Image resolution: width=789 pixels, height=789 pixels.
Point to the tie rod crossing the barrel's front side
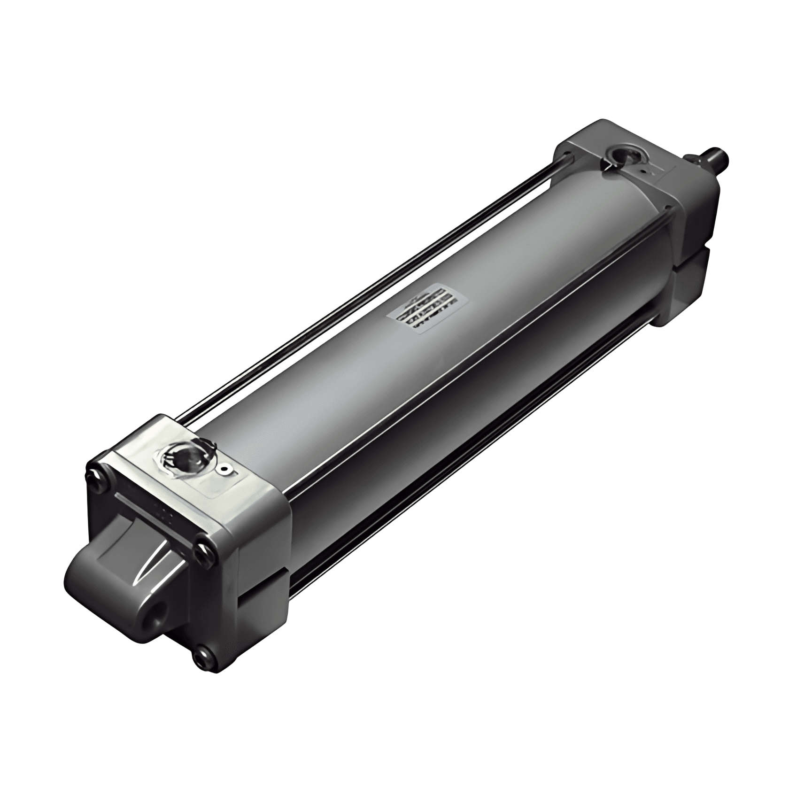pos(470,376)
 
